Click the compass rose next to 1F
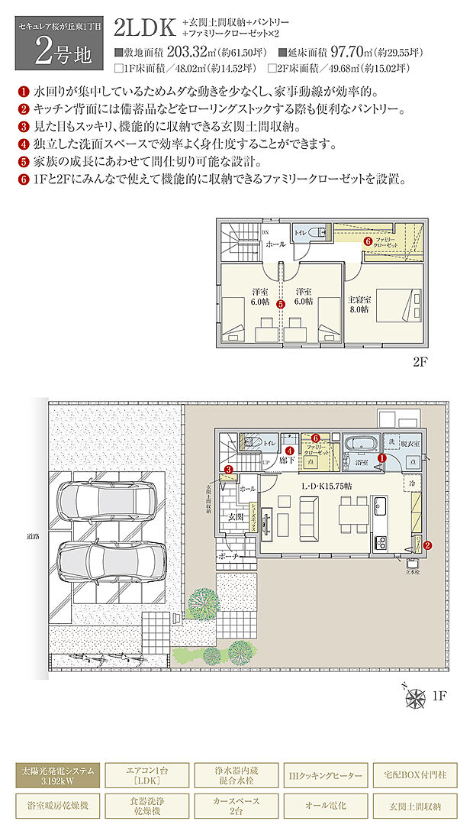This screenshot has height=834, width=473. (x=416, y=696)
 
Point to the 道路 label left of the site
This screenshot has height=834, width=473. (x=32, y=537)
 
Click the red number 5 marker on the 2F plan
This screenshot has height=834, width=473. (x=281, y=303)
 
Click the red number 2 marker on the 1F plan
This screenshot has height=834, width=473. (x=427, y=545)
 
